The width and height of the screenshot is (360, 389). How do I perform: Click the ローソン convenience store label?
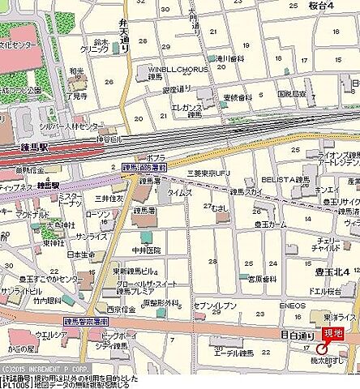click(97, 213)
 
